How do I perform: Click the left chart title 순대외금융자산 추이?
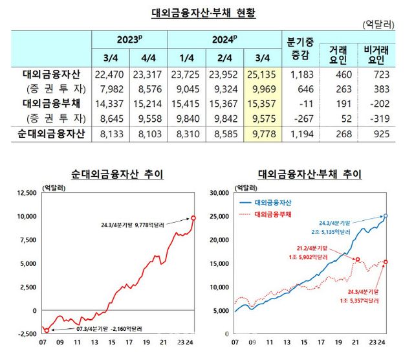point(116,174)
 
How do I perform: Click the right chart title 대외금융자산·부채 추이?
point(309,174)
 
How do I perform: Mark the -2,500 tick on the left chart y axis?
point(25,334)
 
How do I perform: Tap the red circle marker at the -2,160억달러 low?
point(46,330)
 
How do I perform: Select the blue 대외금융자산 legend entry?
point(272,202)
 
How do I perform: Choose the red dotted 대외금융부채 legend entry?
point(272,213)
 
